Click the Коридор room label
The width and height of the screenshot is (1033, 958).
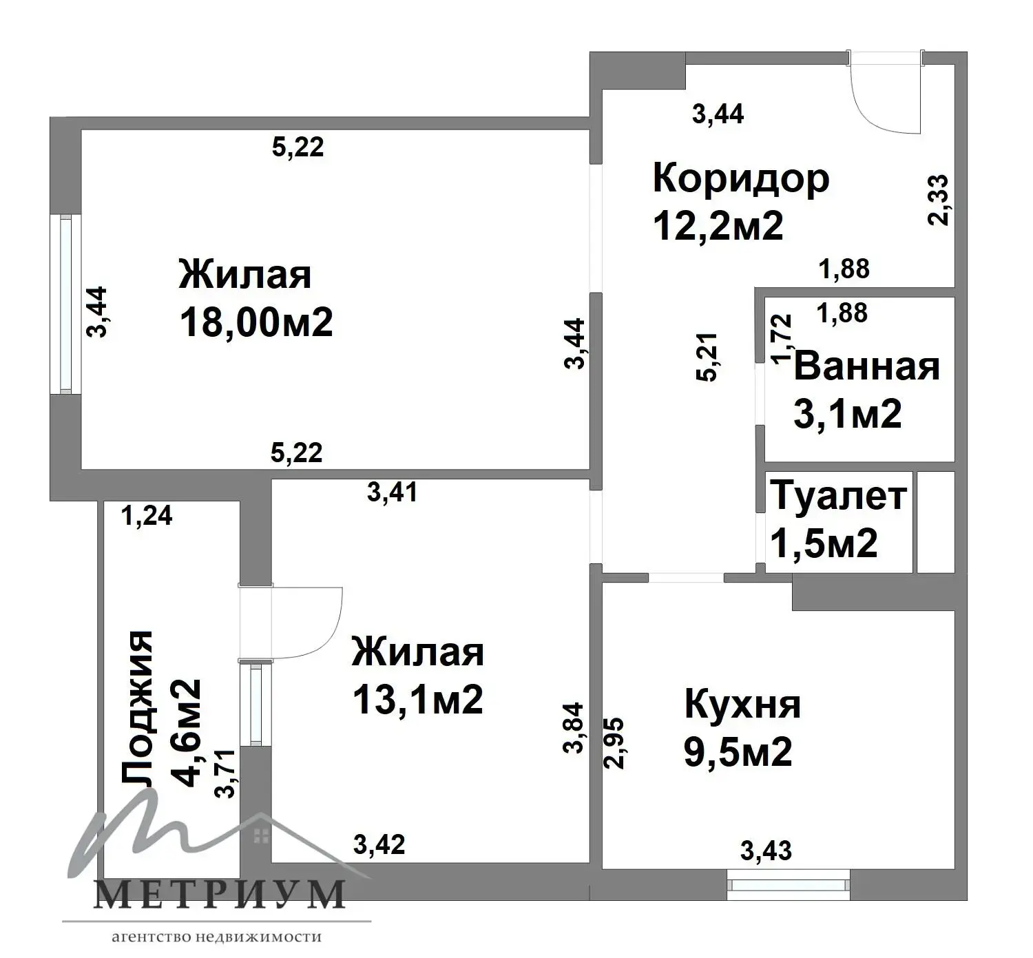pyautogui.click(x=741, y=180)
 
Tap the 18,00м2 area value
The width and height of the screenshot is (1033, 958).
pyautogui.click(x=256, y=322)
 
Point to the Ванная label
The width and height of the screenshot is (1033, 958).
pyautogui.click(x=866, y=366)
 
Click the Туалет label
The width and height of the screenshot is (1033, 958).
pyautogui.click(x=838, y=496)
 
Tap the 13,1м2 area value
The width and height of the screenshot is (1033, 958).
pyautogui.click(x=417, y=699)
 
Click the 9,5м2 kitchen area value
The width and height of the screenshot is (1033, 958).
pyautogui.click(x=738, y=751)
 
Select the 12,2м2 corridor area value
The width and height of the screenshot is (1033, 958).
pyautogui.click(x=718, y=226)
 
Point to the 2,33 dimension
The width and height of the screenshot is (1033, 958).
pyautogui.click(x=939, y=200)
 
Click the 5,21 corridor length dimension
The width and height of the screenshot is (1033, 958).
pyautogui.click(x=707, y=357)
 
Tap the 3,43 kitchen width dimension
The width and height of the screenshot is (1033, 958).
pyautogui.click(x=766, y=851)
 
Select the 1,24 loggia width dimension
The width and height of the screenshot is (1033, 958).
pyautogui.click(x=147, y=517)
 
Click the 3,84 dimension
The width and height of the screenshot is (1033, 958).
pyautogui.click(x=574, y=728)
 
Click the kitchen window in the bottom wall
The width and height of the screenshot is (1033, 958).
pyautogui.click(x=788, y=884)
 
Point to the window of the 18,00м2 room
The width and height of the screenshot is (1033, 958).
pyautogui.click(x=65, y=304)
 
